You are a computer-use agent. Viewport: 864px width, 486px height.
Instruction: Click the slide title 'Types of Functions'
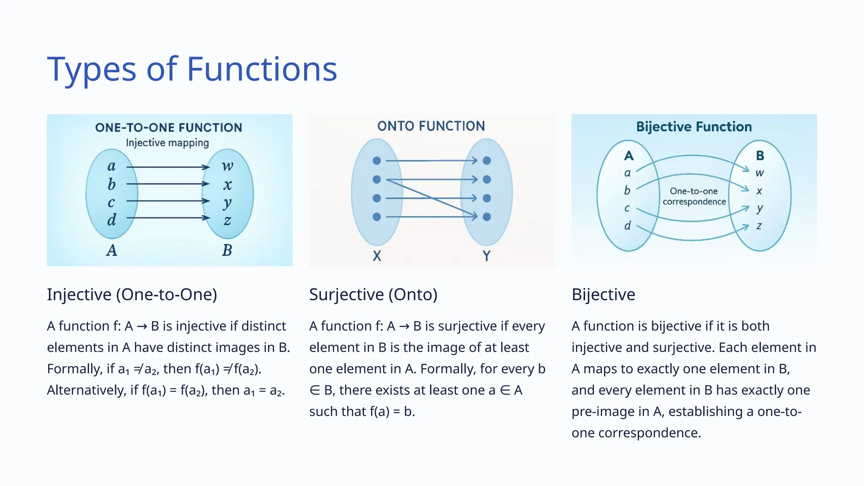click(192, 69)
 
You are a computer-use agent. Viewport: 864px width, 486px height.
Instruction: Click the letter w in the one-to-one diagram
click(227, 166)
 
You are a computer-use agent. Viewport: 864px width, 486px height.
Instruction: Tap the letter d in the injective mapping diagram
click(111, 220)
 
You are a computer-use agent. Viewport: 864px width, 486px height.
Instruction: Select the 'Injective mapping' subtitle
click(167, 143)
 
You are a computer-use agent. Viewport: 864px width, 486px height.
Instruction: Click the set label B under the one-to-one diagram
click(227, 250)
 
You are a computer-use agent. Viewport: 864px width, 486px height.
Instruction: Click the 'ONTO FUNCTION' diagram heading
click(431, 126)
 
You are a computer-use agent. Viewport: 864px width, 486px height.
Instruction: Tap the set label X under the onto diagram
click(377, 256)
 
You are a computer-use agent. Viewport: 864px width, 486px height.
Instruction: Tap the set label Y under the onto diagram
click(486, 256)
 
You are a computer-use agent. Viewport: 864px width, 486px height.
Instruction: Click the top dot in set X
click(377, 161)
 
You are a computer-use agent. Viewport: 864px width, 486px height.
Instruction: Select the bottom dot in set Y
click(487, 217)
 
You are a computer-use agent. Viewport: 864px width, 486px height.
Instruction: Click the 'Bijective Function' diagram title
click(694, 127)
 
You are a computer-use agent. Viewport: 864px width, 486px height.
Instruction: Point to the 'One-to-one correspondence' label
click(694, 196)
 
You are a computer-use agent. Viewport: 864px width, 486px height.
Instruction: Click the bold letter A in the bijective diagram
click(629, 156)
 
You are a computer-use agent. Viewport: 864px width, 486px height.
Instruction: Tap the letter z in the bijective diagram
click(759, 226)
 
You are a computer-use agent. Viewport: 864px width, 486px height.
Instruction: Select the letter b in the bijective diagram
click(627, 191)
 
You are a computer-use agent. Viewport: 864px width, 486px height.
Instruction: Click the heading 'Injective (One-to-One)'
click(132, 294)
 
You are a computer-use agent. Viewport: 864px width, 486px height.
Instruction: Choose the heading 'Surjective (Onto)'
click(373, 294)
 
